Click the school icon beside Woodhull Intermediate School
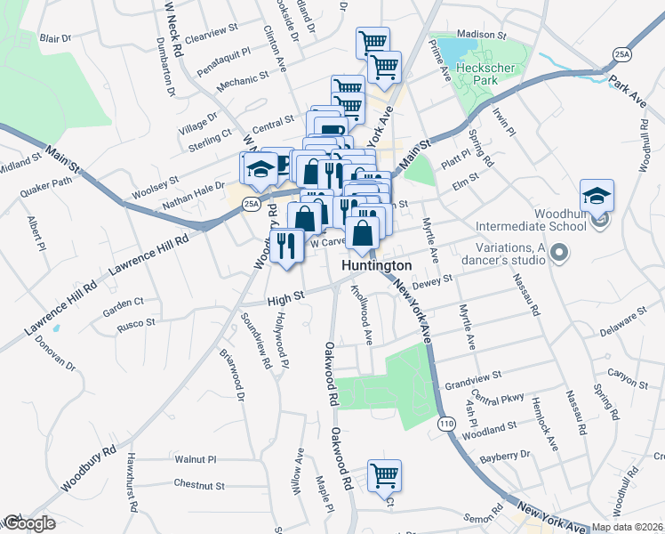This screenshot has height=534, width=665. pos(597,198)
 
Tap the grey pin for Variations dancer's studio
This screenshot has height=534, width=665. pos(558,255)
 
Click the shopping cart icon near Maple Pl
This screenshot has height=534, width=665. pos(384,477)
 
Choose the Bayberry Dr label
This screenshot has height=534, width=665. pos(504,456)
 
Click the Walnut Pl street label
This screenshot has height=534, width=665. pos(196,460)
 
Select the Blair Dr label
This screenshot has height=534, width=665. pos(55,38)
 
